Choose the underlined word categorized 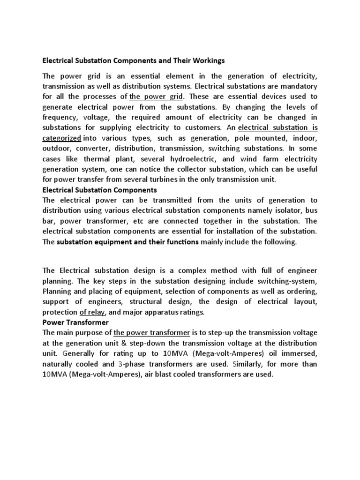point(62,138)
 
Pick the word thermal point(111,158)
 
